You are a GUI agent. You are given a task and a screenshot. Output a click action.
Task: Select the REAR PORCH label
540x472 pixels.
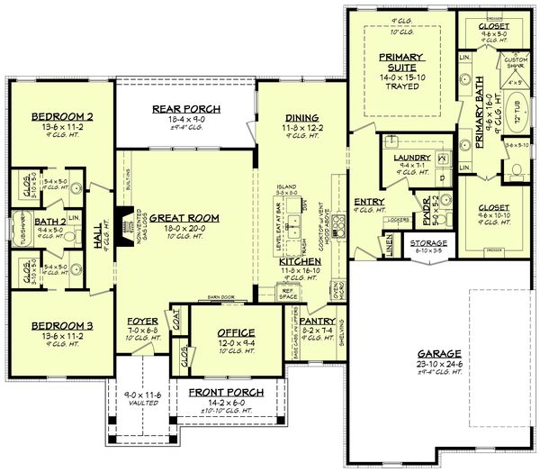(x=186, y=110)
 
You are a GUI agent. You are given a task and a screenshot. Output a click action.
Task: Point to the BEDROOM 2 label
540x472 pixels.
(x=60, y=117)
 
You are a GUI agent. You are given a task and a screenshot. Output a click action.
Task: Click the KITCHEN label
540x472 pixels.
(x=300, y=260)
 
